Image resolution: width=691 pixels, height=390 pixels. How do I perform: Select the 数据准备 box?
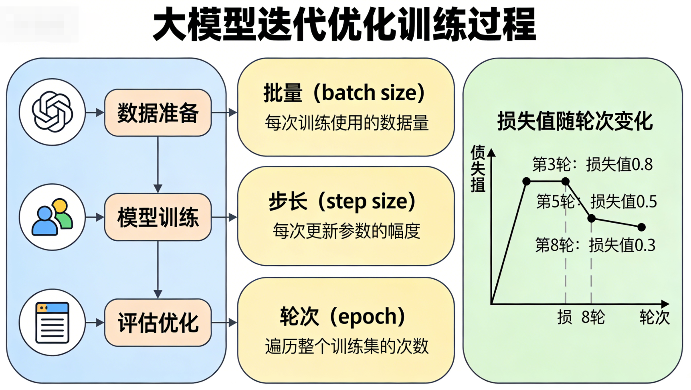click(x=158, y=113)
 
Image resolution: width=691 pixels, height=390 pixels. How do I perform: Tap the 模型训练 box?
click(x=158, y=217)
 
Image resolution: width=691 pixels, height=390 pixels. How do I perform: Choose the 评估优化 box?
click(x=158, y=323)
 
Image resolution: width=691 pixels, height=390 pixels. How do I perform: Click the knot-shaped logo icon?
click(x=53, y=112)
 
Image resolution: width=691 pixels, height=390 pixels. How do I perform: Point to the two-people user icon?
click(x=53, y=217)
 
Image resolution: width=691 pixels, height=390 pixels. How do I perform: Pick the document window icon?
click(x=53, y=323)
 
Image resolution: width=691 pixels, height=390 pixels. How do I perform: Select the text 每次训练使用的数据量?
click(x=346, y=123)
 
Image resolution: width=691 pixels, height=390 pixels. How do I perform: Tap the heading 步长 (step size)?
click(x=342, y=201)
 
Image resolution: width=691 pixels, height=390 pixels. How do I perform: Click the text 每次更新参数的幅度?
click(x=346, y=231)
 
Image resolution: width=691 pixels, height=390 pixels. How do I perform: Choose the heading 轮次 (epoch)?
click(x=342, y=317)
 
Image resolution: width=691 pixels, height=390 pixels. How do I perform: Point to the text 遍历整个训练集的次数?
click(x=346, y=346)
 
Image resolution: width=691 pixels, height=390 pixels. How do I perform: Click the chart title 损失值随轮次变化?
click(x=575, y=121)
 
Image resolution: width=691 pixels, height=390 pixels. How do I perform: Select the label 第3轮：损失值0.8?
click(x=592, y=165)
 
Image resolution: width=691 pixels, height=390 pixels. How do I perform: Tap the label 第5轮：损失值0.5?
click(x=596, y=201)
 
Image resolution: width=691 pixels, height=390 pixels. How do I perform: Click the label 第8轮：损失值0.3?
click(x=595, y=245)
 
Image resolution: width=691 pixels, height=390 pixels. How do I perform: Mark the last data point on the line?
click(x=641, y=227)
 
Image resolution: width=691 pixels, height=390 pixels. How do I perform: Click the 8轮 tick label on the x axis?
click(x=593, y=317)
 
